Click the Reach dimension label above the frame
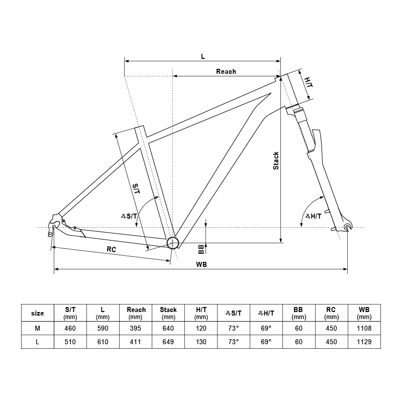(226, 71)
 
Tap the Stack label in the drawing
(276, 160)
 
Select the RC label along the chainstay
(112, 249)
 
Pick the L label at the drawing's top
(203, 56)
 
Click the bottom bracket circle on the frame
(173, 243)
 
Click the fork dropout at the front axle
(349, 228)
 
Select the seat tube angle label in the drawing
(129, 216)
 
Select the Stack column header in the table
(168, 313)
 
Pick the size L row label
(38, 341)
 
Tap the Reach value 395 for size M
(136, 328)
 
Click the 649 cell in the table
(168, 341)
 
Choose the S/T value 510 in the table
(71, 341)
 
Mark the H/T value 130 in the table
(201, 341)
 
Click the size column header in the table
(38, 313)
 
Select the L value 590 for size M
(103, 328)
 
